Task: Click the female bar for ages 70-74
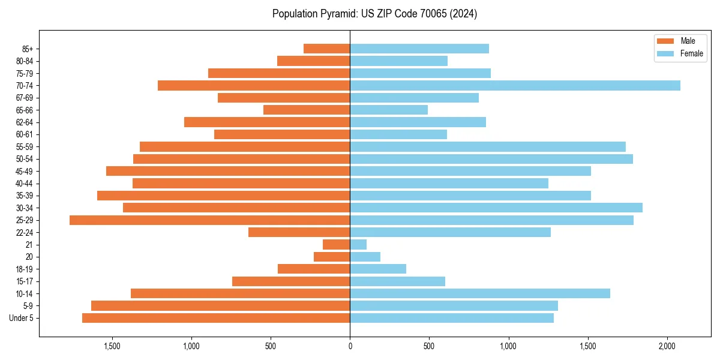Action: tap(515, 86)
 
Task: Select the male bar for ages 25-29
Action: tap(209, 220)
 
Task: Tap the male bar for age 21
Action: tap(336, 245)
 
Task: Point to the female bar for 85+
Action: tap(419, 49)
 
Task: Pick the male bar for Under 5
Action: tap(216, 318)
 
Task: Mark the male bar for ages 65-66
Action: tap(307, 110)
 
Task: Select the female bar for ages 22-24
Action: tap(450, 232)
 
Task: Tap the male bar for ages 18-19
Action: tap(314, 269)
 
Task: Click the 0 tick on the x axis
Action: tap(350, 346)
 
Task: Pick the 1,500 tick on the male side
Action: tap(112, 346)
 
